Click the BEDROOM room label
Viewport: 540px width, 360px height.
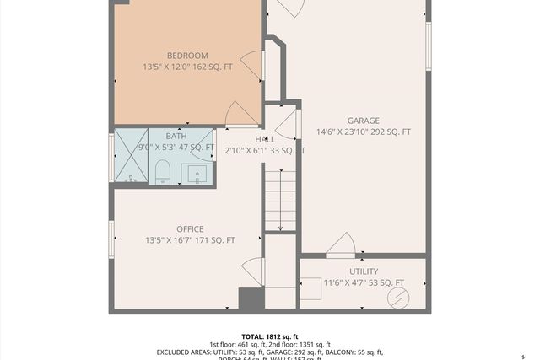click(186, 56)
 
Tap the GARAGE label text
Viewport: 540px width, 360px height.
click(363, 121)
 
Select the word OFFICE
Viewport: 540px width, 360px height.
click(190, 229)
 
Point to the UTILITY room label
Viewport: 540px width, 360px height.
click(363, 271)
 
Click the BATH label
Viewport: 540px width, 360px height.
click(176, 136)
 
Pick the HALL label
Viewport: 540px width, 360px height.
click(265, 139)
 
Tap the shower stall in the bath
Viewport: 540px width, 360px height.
click(131, 156)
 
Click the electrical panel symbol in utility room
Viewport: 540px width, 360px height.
click(397, 298)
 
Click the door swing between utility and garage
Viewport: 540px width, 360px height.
click(342, 244)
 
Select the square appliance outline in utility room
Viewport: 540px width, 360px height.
click(310, 288)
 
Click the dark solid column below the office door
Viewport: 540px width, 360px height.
click(251, 299)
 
